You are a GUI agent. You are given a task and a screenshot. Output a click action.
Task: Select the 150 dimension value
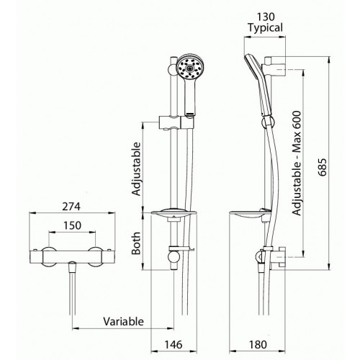click(71, 225)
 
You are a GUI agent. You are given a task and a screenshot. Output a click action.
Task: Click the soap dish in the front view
click(176, 214)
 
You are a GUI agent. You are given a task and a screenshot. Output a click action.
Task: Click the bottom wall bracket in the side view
click(277, 257)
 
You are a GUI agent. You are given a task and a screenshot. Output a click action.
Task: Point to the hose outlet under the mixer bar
click(73, 270)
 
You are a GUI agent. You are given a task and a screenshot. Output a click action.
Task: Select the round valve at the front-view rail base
click(174, 256)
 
